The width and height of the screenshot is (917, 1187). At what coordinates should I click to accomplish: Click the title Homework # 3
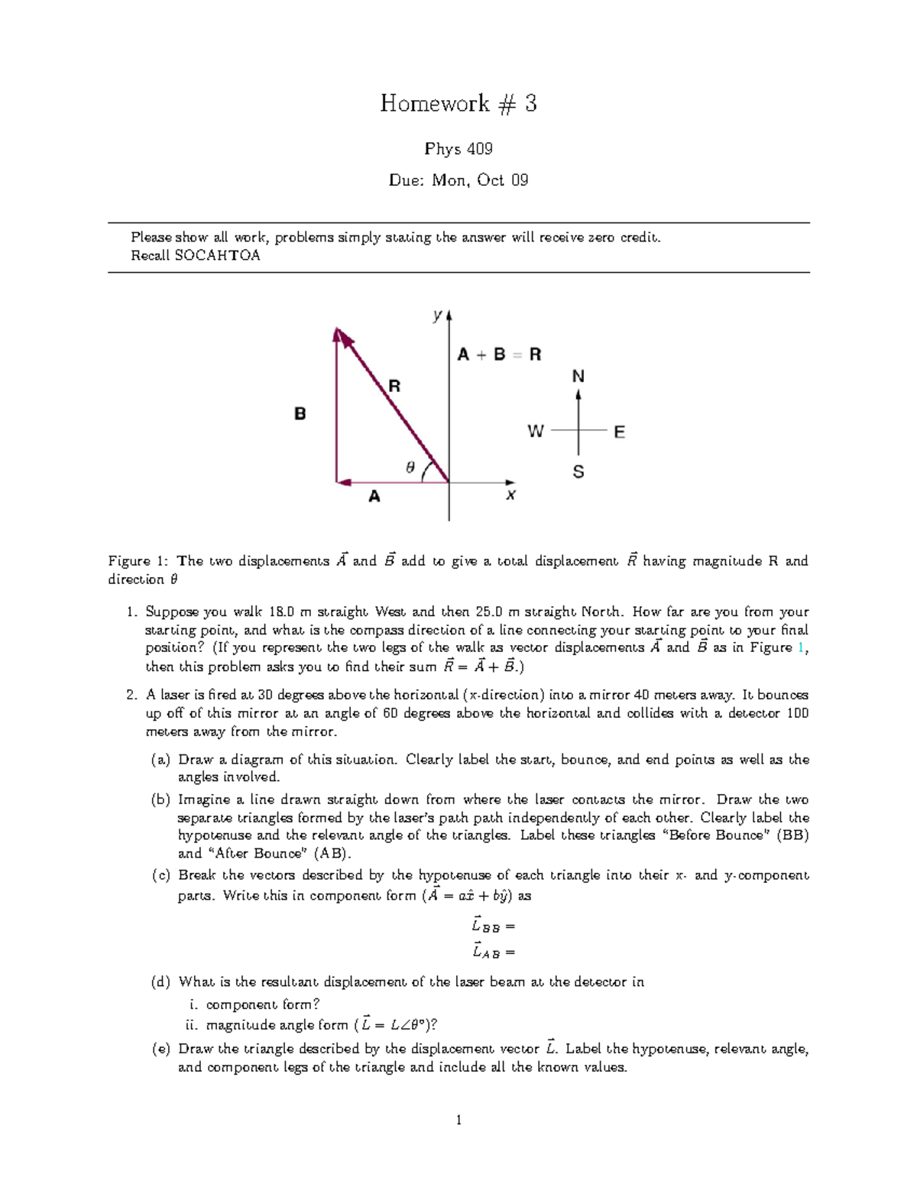tap(458, 103)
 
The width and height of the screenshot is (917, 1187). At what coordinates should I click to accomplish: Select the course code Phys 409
tap(458, 148)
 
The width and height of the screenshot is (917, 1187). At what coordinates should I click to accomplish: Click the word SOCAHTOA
tap(218, 255)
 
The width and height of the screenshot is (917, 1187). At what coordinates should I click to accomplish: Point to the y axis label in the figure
tap(437, 314)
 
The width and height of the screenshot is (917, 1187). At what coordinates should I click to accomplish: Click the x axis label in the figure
tap(510, 495)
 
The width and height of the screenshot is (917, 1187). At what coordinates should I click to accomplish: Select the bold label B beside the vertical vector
tap(300, 414)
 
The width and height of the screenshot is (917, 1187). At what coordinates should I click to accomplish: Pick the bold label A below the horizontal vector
tap(374, 497)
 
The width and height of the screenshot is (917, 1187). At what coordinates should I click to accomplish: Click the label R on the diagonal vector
tap(394, 386)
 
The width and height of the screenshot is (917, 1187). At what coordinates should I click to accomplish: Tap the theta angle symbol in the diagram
tap(410, 467)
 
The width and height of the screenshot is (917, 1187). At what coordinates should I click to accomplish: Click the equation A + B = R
tap(499, 355)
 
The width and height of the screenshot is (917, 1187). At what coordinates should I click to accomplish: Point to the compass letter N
tap(578, 376)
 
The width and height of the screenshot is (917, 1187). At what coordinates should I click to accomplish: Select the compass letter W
tap(536, 432)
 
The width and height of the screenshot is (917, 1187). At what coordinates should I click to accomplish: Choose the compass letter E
tap(619, 433)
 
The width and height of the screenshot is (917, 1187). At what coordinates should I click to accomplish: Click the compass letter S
tap(578, 472)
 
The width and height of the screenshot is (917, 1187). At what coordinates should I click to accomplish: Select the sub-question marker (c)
tap(160, 875)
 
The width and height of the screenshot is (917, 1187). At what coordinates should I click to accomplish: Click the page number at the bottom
tap(458, 1121)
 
